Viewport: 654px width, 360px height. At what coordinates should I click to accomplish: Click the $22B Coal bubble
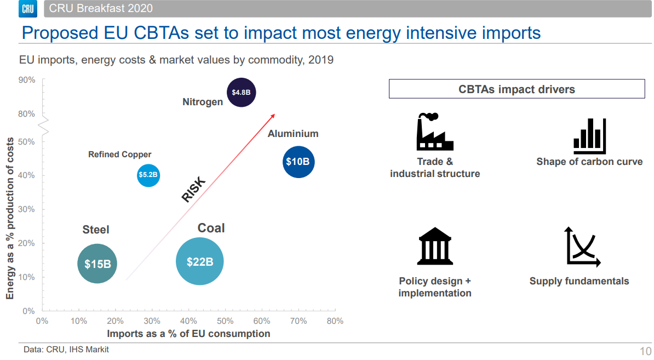click(199, 262)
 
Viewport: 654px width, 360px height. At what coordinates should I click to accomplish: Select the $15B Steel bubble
click(97, 264)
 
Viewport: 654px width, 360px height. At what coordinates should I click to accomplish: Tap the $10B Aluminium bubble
click(298, 162)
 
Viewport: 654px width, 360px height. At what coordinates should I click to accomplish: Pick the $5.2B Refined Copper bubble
click(148, 175)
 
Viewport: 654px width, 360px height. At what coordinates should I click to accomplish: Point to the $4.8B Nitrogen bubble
click(241, 92)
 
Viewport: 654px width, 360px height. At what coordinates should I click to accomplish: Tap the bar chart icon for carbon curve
click(589, 136)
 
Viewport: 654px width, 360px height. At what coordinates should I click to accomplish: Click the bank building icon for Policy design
click(435, 246)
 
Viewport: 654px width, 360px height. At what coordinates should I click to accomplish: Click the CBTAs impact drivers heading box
click(517, 89)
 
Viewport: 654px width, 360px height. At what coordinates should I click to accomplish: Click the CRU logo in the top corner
click(27, 8)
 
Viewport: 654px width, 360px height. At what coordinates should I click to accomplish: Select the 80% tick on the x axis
click(335, 321)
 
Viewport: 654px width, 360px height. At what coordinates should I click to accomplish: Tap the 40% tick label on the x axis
click(188, 321)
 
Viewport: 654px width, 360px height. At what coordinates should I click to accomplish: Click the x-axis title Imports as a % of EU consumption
click(188, 333)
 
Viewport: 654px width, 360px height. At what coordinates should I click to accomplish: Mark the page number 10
click(645, 351)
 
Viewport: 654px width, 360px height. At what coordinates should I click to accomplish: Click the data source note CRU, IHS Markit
click(66, 349)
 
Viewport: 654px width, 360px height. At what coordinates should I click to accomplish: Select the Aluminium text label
click(293, 134)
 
